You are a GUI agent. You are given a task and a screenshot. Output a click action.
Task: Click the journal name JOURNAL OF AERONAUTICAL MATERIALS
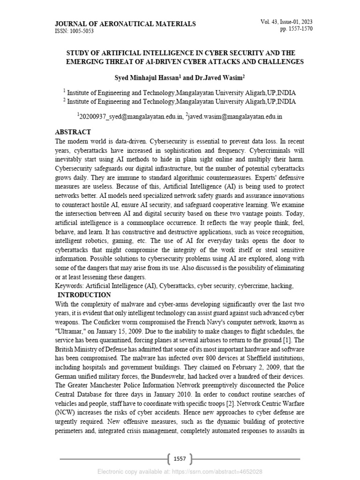126,24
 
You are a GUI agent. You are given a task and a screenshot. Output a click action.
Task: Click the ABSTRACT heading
73,132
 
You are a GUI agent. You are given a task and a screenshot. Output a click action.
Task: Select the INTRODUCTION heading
84,295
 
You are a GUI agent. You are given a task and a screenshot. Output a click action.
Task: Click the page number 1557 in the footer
180,459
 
